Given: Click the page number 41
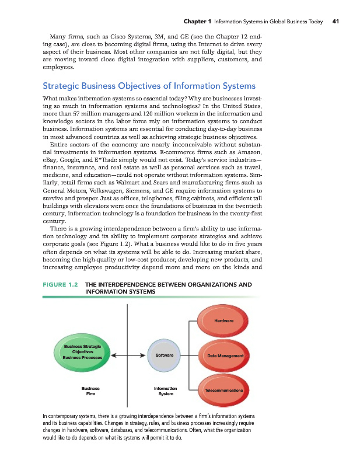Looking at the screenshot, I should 335,22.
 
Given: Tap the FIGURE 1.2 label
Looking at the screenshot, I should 61,285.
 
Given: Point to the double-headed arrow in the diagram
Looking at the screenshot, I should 128,355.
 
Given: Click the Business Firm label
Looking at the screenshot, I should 90,391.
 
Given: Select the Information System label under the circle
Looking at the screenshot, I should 165,391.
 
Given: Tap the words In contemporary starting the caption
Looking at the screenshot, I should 61,415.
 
